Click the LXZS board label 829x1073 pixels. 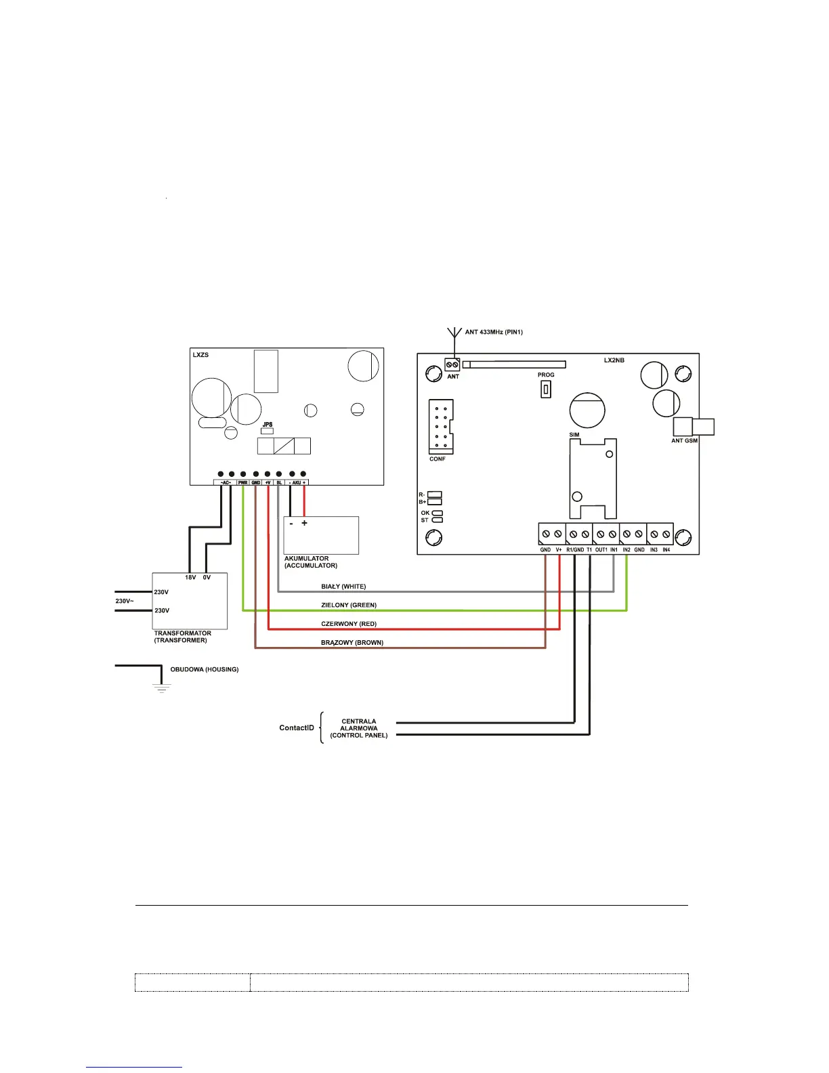pos(200,355)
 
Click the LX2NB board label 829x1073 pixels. pos(614,360)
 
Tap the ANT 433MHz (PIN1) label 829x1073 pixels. pos(494,332)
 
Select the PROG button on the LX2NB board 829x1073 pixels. pos(546,390)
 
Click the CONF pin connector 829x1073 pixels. pos(440,427)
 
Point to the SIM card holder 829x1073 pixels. pos(593,478)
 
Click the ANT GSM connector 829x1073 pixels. pos(693,427)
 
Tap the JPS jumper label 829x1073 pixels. pos(268,424)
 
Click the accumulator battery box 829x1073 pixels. pos(321,536)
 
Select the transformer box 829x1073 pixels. pos(190,602)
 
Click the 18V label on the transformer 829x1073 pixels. pos(190,578)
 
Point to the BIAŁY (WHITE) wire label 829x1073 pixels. pos(343,587)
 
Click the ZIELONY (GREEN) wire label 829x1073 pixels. pos(349,605)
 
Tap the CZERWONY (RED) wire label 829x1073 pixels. pos(349,624)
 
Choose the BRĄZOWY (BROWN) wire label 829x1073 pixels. pos(352,643)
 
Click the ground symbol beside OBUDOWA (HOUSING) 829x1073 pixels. pos(161,688)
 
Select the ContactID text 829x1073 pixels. pos(297,728)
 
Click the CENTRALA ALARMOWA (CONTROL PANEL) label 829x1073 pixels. pos(359,728)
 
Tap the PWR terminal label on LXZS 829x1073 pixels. pos(243,483)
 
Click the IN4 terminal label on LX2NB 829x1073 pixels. pos(666,550)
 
